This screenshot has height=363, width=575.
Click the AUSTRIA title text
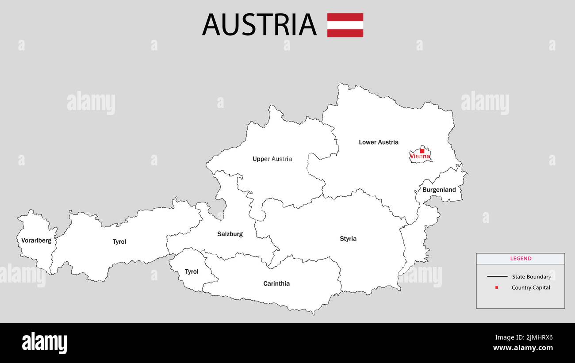coord(259,25)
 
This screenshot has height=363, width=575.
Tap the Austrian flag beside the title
coord(345,25)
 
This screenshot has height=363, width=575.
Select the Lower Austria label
coord(379,142)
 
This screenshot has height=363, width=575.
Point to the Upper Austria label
coord(272,159)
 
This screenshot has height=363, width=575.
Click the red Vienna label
coord(420,157)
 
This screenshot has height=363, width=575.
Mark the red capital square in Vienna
coord(422,151)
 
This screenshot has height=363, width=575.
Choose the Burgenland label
coord(439,190)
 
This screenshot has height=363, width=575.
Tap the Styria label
coord(348,239)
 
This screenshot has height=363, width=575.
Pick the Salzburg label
coord(230,234)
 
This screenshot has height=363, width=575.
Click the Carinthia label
coord(276,283)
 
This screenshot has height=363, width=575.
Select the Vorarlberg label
coord(36,241)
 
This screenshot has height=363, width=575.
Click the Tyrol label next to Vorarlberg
coord(119,242)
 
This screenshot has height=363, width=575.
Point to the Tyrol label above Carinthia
coord(192,271)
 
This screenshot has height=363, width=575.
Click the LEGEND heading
coord(521,259)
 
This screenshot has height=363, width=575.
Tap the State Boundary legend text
coord(531,277)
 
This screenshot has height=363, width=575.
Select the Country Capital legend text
coord(531,287)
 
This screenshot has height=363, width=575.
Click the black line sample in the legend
coord(497,277)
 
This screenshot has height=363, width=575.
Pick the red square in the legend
coord(497,287)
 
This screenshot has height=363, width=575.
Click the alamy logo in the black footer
coord(44,343)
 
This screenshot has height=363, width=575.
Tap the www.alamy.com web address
coord(523,348)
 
